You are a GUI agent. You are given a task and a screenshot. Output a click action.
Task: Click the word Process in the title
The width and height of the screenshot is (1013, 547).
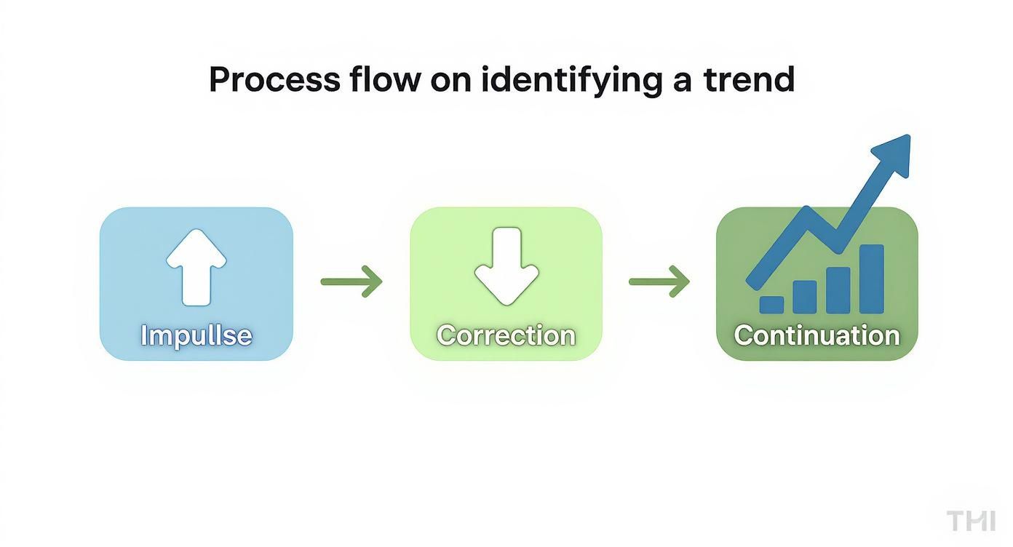pos(274,80)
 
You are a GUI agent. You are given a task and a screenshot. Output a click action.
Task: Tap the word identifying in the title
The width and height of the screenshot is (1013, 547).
pos(571,80)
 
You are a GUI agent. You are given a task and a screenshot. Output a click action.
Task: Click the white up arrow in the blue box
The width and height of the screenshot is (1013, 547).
pos(196,266)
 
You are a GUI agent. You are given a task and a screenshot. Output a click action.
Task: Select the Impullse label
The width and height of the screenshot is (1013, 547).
pos(196,335)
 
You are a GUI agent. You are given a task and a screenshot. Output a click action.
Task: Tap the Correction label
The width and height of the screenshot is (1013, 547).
pos(506,335)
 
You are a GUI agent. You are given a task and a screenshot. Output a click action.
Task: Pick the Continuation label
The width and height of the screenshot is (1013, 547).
pos(817,335)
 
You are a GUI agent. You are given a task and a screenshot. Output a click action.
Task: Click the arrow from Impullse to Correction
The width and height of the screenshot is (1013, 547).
pos(351,281)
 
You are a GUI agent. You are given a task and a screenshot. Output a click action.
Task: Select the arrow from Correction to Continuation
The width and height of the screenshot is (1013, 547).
pos(659,281)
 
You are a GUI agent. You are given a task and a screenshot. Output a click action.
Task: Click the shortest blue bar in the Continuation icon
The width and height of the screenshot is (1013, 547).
pos(771,304)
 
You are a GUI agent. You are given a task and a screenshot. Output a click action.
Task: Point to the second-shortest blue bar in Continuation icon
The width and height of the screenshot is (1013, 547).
pos(804,297)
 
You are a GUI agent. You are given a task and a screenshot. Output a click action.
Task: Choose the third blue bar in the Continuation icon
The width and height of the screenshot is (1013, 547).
pos(838,290)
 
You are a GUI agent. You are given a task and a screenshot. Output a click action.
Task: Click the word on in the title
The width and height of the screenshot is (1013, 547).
pos(450,80)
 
